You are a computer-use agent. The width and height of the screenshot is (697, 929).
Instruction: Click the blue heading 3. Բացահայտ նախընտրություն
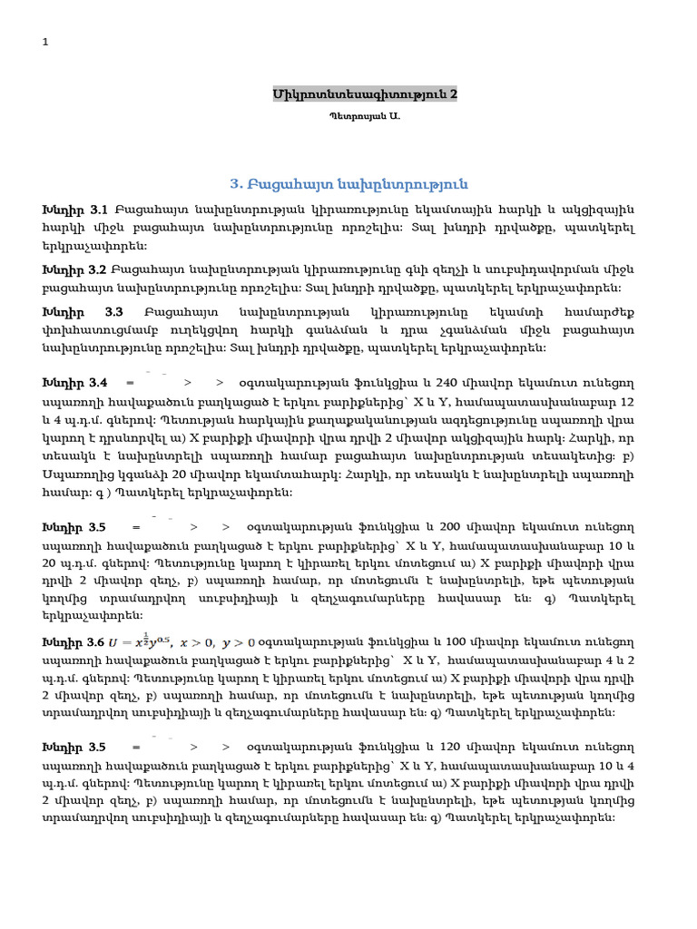[348, 184]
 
